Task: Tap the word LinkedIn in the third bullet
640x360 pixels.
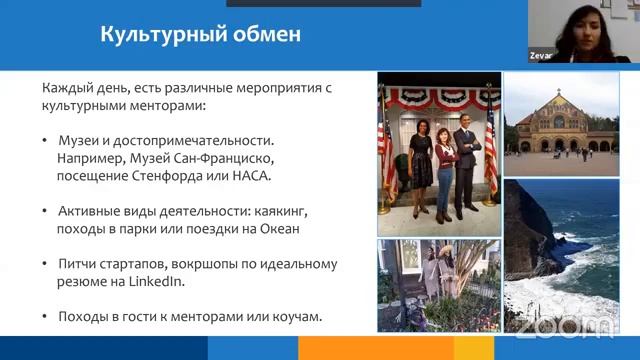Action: [x=158, y=282]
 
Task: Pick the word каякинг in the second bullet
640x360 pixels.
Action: [x=301, y=211]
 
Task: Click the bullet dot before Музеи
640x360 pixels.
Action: [x=46, y=141]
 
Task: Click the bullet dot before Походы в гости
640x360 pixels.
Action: [x=46, y=317]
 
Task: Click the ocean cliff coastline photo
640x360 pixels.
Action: [x=561, y=255]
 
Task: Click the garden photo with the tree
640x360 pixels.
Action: [x=437, y=285]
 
